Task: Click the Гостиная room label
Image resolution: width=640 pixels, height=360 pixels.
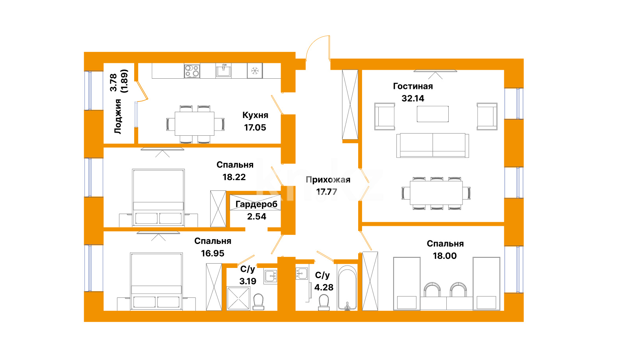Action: click(x=413, y=86)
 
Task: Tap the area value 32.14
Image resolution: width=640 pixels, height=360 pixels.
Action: click(x=413, y=98)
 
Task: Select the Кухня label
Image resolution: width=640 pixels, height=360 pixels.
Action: click(x=255, y=115)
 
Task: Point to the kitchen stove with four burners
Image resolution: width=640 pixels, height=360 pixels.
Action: click(x=192, y=71)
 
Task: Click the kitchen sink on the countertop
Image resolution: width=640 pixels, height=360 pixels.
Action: click(x=224, y=70)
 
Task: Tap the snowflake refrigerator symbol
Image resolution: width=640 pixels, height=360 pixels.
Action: click(x=255, y=70)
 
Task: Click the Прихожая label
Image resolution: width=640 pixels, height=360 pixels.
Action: click(x=328, y=180)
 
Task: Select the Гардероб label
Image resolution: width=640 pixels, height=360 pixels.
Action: click(x=256, y=204)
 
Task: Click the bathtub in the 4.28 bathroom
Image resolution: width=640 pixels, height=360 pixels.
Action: click(x=347, y=287)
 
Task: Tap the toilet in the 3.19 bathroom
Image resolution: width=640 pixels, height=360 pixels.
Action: click(x=258, y=302)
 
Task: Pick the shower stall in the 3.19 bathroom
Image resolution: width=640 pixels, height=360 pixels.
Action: click(x=238, y=298)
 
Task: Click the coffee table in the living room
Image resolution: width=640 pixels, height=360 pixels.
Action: click(x=433, y=114)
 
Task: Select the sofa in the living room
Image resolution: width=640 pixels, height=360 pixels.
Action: click(x=433, y=145)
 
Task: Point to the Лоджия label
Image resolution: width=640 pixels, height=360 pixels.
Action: click(x=118, y=116)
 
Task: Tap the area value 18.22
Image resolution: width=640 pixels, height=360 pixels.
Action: click(x=234, y=177)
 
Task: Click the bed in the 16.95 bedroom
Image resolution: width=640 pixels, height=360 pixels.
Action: click(x=156, y=281)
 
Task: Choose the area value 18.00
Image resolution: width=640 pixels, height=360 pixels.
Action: click(x=445, y=256)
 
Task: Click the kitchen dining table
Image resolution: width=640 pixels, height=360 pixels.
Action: click(x=194, y=124)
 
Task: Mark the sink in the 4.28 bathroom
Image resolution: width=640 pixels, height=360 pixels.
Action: click(x=302, y=273)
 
